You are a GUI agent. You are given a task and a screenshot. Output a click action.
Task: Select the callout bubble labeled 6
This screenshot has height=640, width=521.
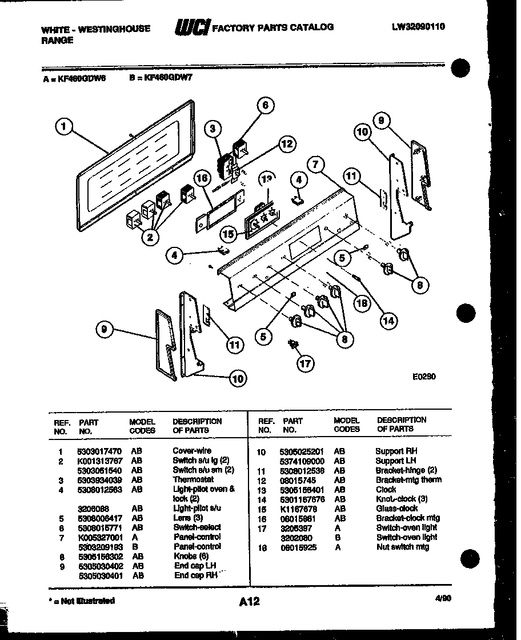[264, 105]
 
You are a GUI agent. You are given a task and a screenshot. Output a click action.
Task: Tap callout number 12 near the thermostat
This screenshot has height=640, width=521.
[287, 144]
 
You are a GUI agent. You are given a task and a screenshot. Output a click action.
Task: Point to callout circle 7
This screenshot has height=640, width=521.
[315, 165]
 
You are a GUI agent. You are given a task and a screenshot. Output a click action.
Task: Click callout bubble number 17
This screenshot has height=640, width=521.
[306, 362]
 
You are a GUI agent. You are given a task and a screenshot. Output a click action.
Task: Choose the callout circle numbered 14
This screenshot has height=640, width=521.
[388, 321]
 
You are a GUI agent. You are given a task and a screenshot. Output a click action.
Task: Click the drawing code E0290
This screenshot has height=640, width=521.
[423, 377]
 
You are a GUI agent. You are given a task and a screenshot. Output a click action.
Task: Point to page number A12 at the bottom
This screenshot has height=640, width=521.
[249, 601]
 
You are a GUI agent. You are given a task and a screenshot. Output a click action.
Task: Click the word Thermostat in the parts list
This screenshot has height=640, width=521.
[193, 479]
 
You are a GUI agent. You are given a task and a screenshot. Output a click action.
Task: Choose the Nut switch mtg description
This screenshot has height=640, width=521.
[402, 547]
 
